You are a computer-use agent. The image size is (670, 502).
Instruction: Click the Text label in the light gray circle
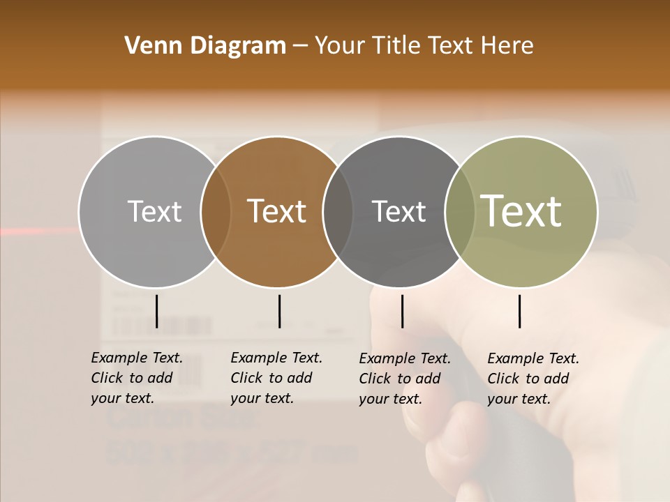tap(154, 211)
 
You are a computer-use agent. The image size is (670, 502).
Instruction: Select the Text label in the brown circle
tap(276, 211)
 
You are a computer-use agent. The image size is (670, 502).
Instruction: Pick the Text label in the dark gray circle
tap(399, 211)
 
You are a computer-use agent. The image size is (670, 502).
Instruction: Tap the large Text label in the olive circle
tap(521, 211)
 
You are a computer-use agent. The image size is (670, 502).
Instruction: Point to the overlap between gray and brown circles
tap(216, 212)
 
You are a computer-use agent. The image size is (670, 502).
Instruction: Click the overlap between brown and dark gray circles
tap(338, 212)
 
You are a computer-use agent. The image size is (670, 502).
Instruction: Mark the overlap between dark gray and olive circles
tap(459, 212)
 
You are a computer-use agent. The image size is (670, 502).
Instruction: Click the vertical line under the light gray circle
tap(156, 311)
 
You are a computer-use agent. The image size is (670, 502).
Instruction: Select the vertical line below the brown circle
tap(279, 311)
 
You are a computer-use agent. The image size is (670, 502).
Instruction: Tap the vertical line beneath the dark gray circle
tap(402, 311)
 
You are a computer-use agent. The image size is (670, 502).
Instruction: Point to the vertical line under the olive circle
tap(519, 311)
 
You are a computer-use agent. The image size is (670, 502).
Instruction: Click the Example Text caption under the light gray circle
tap(137, 378)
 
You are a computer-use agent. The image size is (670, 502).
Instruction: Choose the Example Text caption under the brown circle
tap(276, 378)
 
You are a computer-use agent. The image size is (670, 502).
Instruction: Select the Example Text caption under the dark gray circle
tap(405, 379)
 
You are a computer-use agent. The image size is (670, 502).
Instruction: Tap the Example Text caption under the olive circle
tap(533, 379)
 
